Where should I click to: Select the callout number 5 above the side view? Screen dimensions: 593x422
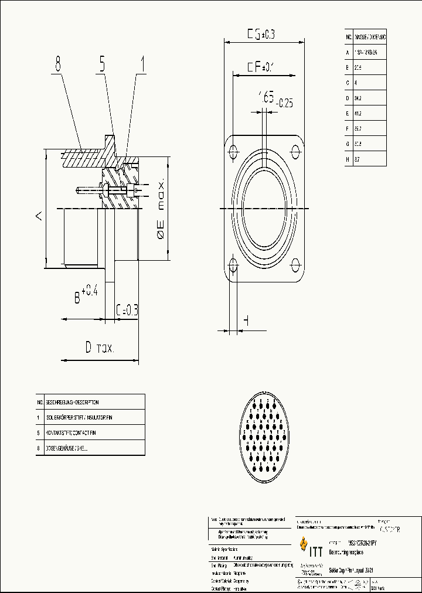pos(101,64)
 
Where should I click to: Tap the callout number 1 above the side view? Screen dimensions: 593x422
pos(141,64)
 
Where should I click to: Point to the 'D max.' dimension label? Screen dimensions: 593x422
pos(99,347)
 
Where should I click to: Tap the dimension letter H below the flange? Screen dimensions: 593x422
pos(246,320)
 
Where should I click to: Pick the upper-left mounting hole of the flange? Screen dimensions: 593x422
pos(233,150)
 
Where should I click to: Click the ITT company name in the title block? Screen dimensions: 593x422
pos(315,551)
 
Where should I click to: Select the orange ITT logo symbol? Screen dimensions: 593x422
pos(303,544)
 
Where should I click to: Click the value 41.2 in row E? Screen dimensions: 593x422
pos(358,113)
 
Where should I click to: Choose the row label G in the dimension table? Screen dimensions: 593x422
pos(348,144)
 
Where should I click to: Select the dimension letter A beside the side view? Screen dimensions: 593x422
pos(38,216)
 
